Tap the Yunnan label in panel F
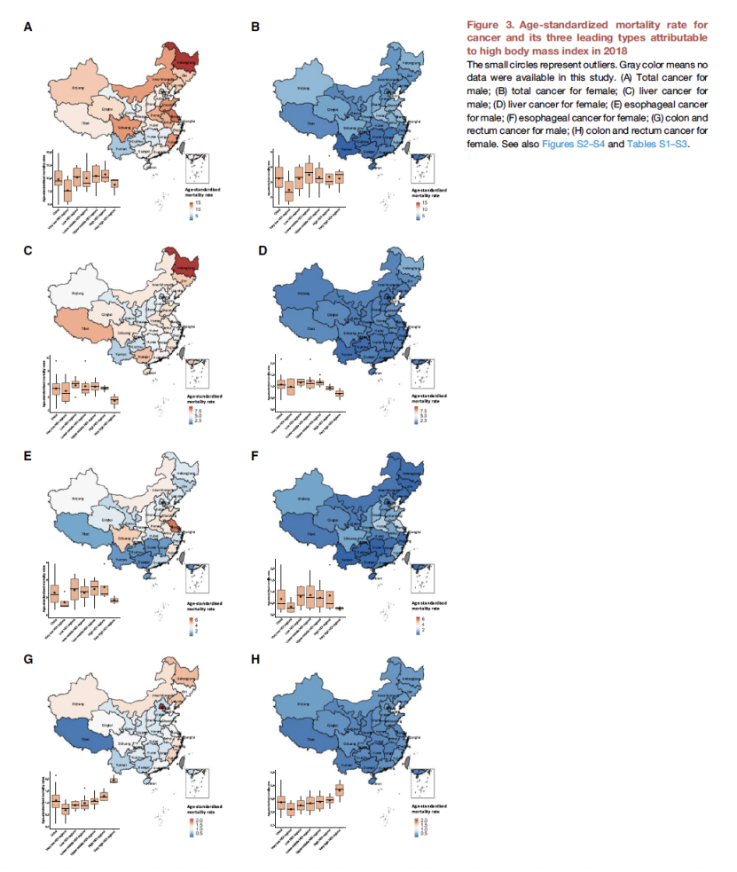point(349,561)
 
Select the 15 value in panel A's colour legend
point(199,203)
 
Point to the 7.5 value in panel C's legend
point(200,411)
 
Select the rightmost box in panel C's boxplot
point(114,400)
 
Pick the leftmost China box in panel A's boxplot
point(58,177)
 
